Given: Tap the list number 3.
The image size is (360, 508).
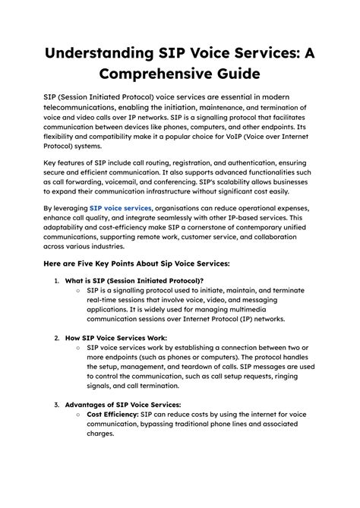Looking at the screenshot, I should click(56, 405).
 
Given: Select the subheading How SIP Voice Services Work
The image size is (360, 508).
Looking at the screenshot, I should click(116, 337).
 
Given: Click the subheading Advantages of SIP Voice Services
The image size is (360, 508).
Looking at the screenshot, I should click(123, 405).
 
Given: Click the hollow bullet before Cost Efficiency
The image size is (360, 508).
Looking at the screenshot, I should click(79, 415).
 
